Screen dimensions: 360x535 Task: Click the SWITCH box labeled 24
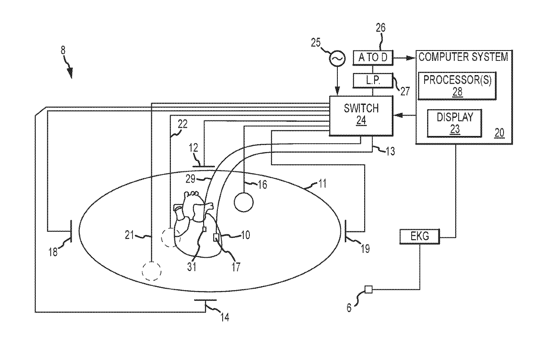pos(361,115)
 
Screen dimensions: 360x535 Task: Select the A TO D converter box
pos(373,57)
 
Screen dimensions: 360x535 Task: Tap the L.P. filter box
pos(373,79)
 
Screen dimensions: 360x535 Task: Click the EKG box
pos(420,237)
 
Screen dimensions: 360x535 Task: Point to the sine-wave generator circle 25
pos(337,57)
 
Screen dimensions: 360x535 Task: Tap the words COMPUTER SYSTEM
pos(463,57)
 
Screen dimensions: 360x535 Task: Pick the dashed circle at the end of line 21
pos(152,271)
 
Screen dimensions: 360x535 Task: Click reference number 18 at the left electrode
pos(53,252)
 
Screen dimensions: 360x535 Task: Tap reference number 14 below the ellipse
pos(224,317)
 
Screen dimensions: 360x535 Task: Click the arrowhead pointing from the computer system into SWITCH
pos(397,115)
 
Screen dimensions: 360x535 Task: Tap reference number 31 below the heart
pos(192,266)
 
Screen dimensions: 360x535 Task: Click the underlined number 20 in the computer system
pos(499,133)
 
